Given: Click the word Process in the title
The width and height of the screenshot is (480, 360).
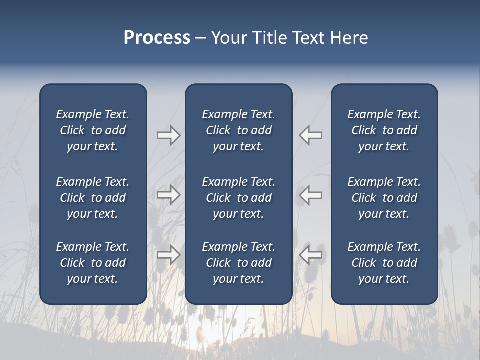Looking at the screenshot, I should click(157, 38).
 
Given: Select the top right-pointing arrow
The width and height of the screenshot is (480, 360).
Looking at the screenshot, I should click(168, 135).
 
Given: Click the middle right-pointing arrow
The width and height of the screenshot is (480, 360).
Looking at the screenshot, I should click(168, 195).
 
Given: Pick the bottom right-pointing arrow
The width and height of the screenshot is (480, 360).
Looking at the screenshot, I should click(168, 255).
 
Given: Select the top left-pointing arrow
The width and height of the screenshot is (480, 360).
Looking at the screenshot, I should click(311, 135).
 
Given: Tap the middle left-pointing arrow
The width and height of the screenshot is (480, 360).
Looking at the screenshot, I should click(311, 195).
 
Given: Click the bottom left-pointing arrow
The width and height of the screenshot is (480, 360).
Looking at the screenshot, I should click(311, 255).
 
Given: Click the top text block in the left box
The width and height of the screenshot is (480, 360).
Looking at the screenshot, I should click(93, 130).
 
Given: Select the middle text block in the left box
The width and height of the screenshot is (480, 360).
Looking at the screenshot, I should click(93, 198).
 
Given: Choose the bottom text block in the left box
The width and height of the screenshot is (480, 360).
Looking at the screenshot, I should click(93, 263).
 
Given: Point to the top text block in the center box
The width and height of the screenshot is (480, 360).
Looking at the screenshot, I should click(238, 130).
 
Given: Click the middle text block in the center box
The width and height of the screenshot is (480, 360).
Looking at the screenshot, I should click(238, 198).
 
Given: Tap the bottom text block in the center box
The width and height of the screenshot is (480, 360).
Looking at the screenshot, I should click(238, 263).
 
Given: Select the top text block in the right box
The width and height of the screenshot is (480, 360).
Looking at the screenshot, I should click(384, 130).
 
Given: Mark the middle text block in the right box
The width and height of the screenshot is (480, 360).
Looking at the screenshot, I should click(384, 198).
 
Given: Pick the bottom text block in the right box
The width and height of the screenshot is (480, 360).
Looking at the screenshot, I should click(384, 263).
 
